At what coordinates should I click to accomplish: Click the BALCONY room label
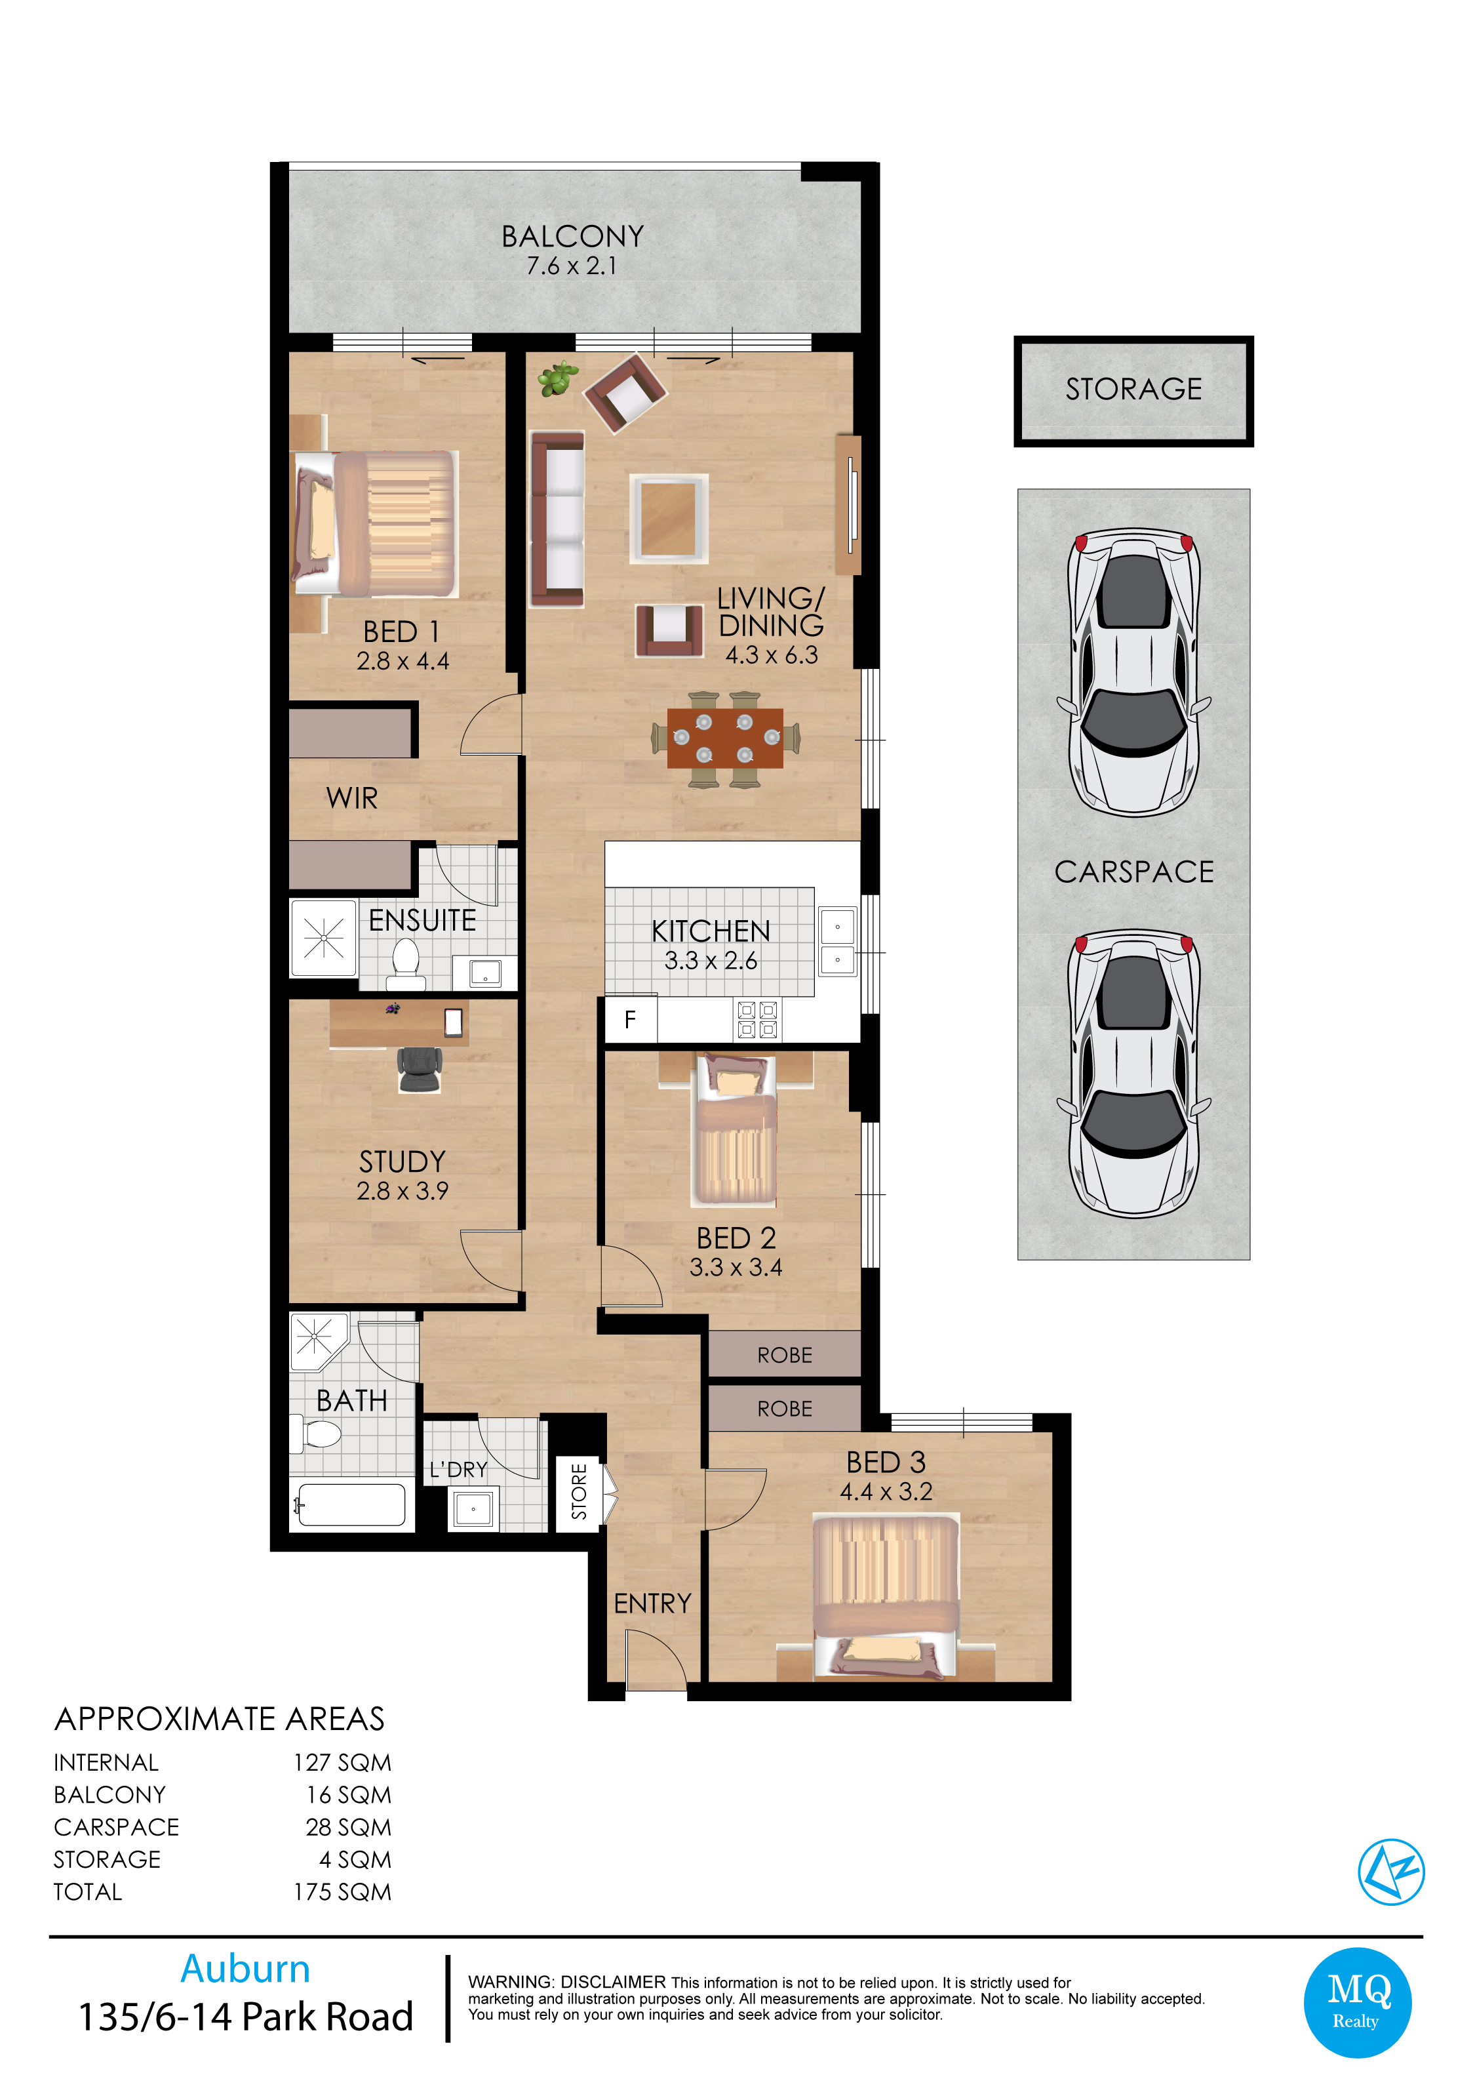(x=572, y=236)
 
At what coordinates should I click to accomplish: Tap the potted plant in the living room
(x=558, y=378)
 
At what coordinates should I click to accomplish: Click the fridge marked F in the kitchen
(x=631, y=1019)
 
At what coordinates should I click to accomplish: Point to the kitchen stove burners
(x=757, y=1019)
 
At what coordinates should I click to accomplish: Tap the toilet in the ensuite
(x=405, y=963)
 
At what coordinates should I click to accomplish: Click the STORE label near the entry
(x=579, y=1491)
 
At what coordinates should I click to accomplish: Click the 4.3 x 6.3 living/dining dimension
(x=771, y=654)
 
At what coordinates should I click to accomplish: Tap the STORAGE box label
(x=1133, y=389)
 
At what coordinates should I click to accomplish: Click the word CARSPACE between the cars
(x=1133, y=871)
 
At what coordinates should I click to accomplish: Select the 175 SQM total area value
(x=342, y=1891)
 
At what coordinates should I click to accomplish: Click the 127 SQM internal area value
(x=342, y=1762)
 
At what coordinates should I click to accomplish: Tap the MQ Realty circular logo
(x=1357, y=2002)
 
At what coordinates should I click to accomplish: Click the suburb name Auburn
(x=245, y=1968)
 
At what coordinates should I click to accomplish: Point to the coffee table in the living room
(x=669, y=519)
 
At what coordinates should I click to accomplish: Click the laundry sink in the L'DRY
(x=473, y=1509)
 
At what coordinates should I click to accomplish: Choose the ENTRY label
(x=652, y=1603)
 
